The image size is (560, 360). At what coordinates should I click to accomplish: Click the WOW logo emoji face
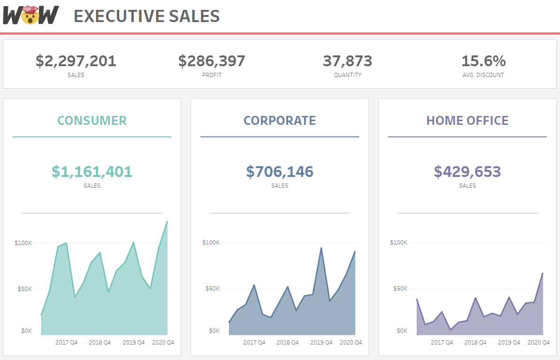click(x=31, y=15)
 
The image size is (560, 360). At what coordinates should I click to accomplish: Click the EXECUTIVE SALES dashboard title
click(x=146, y=16)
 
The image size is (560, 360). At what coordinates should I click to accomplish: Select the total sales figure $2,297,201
click(x=76, y=61)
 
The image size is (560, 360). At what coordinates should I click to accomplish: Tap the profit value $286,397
click(x=212, y=61)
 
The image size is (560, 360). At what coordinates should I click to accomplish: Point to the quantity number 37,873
click(x=347, y=61)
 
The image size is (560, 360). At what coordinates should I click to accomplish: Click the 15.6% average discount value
click(x=483, y=61)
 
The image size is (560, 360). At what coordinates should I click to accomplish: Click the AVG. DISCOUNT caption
click(x=483, y=75)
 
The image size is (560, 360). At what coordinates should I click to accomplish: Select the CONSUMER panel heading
click(x=92, y=121)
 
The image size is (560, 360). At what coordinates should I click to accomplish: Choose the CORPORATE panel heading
click(x=280, y=121)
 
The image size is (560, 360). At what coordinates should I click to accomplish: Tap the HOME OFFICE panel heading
click(x=468, y=121)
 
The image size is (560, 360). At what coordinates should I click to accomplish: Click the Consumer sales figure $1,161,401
click(x=92, y=172)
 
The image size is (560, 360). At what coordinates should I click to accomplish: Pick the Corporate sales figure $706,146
click(x=280, y=172)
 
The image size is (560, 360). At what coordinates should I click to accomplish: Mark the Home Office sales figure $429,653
click(x=468, y=172)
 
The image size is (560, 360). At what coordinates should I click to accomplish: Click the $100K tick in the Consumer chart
click(x=23, y=243)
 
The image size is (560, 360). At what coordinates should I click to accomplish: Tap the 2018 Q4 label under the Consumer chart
click(x=100, y=343)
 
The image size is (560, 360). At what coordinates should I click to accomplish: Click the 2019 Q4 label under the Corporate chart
click(x=321, y=343)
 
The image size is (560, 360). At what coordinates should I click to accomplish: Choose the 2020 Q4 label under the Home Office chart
click(x=538, y=343)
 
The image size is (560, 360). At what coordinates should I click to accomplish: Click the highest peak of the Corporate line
click(x=321, y=248)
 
